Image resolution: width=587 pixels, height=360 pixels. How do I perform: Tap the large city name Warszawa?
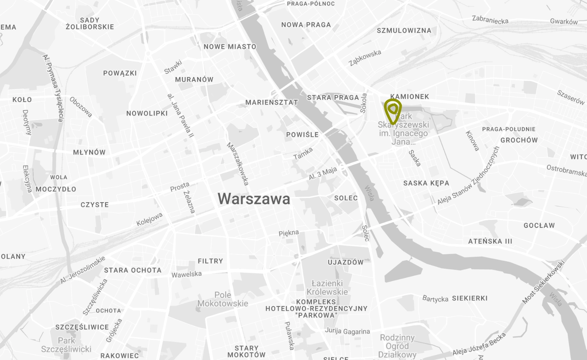[254, 199]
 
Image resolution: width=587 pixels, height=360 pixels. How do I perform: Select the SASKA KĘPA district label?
[426, 183]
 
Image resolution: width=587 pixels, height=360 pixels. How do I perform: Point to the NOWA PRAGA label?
[306, 25]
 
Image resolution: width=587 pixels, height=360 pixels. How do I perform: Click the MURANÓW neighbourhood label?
[194, 79]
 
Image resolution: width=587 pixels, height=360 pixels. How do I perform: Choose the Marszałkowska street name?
[238, 164]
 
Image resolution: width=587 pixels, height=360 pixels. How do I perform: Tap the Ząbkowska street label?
[365, 58]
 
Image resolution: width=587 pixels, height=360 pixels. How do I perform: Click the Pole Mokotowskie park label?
[223, 299]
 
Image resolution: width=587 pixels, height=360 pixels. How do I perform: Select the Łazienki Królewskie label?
[327, 287]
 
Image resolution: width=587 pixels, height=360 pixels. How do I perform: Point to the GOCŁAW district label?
[539, 225]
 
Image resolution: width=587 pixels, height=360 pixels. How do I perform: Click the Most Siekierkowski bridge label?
[543, 282]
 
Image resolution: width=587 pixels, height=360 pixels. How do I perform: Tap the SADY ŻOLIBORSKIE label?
[90, 23]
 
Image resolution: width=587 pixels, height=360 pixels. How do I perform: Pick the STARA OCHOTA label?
[132, 270]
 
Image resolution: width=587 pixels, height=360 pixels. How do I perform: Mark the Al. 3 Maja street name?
[323, 173]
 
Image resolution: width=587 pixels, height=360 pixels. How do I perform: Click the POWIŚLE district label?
[302, 135]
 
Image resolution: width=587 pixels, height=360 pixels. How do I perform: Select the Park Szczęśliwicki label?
[66, 345]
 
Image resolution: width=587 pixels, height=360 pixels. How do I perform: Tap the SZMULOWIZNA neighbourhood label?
[404, 30]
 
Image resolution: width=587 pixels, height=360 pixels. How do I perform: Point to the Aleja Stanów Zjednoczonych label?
[468, 176]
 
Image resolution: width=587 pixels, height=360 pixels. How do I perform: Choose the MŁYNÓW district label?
[89, 152]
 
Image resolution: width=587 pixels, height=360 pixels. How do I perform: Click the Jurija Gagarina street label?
[347, 331]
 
